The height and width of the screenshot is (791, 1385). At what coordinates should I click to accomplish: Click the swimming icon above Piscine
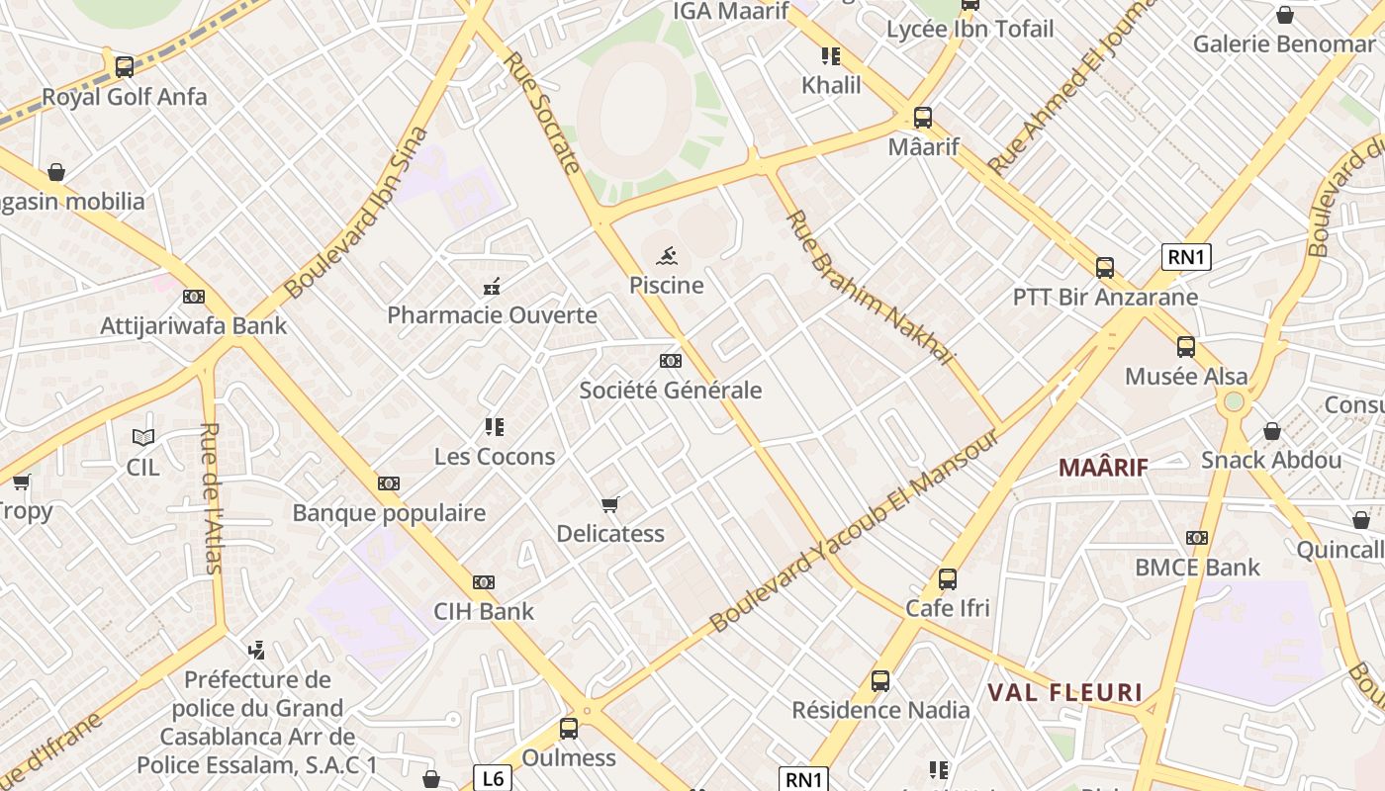click(x=667, y=256)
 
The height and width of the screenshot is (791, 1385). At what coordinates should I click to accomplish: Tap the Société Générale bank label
click(x=671, y=390)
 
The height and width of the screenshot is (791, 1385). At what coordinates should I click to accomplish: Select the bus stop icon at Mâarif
click(x=922, y=118)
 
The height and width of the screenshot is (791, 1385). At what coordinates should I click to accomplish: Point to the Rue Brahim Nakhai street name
click(x=870, y=288)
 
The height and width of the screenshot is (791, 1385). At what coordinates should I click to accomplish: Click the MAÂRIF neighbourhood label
click(x=1103, y=467)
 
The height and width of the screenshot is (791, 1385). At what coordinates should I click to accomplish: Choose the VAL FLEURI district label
click(x=1064, y=693)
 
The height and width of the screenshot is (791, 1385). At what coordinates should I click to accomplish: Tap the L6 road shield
click(x=492, y=778)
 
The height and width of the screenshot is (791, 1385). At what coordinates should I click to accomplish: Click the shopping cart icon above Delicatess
click(x=610, y=505)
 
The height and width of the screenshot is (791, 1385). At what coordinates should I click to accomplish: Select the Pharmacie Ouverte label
click(x=492, y=315)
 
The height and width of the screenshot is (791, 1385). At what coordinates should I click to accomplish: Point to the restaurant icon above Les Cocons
click(x=495, y=427)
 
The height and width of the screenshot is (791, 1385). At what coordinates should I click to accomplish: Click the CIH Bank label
click(x=484, y=611)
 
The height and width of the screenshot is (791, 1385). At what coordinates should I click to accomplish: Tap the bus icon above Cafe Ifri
click(x=947, y=579)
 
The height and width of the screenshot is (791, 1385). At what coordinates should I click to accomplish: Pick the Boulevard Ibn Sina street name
click(x=357, y=213)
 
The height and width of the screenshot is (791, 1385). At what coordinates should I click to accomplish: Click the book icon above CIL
click(x=143, y=437)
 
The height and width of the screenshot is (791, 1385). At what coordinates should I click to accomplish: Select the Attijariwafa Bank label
click(x=194, y=325)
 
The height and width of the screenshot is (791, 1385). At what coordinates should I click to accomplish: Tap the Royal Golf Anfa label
click(x=125, y=97)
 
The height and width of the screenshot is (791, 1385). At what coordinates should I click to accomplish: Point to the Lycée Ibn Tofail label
click(x=969, y=30)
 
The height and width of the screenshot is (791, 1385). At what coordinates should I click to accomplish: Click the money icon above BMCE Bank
click(x=1197, y=538)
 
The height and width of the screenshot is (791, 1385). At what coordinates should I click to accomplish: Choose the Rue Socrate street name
click(x=541, y=112)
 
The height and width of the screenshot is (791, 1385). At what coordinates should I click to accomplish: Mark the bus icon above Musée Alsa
click(x=1185, y=347)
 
